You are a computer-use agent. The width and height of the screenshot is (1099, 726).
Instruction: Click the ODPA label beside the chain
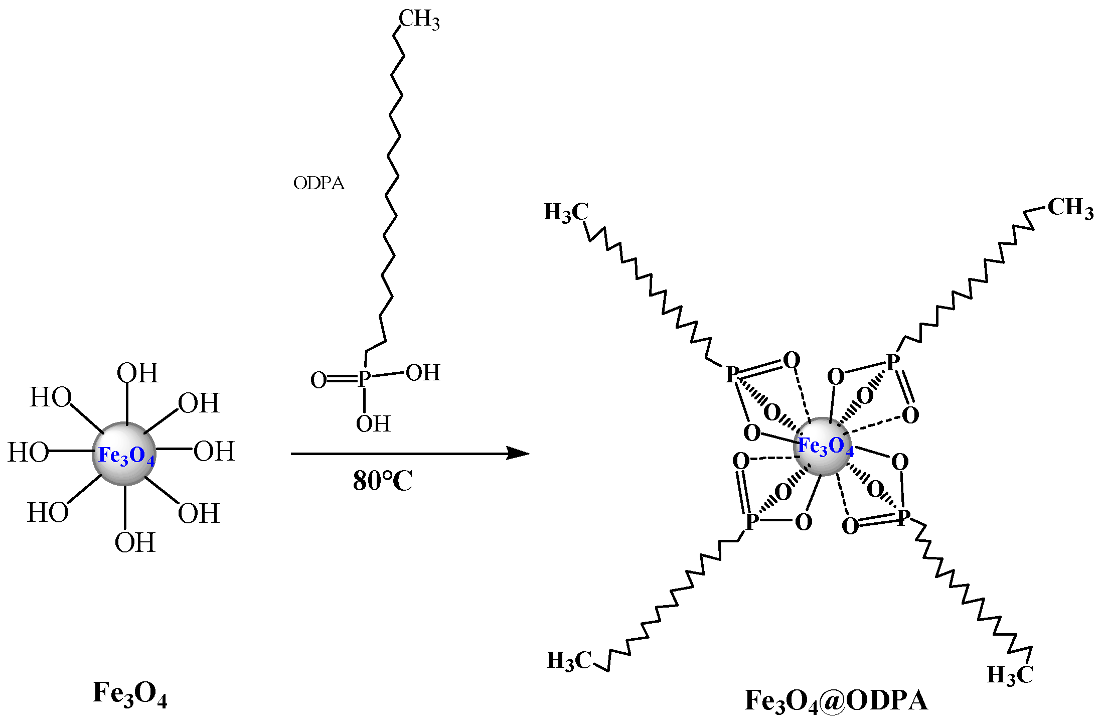(x=319, y=183)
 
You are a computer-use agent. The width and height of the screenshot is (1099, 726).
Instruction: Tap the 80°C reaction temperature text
(x=382, y=481)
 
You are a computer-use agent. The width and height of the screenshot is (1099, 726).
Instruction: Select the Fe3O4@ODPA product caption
(x=836, y=700)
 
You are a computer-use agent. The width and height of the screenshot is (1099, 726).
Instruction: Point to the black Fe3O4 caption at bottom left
(x=130, y=693)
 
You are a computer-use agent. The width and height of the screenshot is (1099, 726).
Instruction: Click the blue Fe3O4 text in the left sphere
(x=126, y=456)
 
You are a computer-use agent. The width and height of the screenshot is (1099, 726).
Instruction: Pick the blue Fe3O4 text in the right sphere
(x=825, y=446)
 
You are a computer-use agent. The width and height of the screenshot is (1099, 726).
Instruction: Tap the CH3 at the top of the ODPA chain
(x=419, y=20)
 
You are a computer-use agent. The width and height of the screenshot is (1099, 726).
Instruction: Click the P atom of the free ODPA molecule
(x=364, y=379)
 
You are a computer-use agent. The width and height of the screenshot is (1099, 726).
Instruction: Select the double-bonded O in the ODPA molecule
(x=319, y=380)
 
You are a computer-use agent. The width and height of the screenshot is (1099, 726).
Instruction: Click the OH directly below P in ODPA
(x=373, y=424)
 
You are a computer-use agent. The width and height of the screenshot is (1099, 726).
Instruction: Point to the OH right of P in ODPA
(x=423, y=373)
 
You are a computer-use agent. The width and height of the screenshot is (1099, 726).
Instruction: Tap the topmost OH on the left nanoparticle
(x=137, y=373)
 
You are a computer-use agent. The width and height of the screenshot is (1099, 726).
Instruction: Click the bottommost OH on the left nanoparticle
(x=135, y=542)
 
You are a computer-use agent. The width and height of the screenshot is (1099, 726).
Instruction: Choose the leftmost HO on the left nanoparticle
(x=28, y=452)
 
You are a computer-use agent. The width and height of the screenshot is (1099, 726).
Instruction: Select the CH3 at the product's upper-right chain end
(x=1070, y=208)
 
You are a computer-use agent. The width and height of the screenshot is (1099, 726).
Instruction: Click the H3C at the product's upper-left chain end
(x=566, y=212)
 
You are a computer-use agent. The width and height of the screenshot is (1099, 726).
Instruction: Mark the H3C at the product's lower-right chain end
(x=1010, y=675)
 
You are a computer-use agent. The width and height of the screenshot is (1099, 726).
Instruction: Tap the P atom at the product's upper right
(x=893, y=362)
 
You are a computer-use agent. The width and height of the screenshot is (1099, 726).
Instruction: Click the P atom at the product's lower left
(x=751, y=521)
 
